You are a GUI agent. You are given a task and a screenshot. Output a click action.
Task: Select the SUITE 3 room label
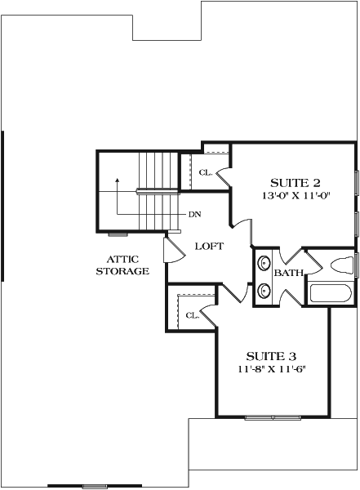click(270, 356)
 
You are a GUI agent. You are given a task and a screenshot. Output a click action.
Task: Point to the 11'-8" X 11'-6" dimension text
click(270, 369)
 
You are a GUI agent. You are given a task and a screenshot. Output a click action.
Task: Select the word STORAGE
click(122, 271)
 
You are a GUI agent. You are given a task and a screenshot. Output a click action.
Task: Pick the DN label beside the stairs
click(195, 215)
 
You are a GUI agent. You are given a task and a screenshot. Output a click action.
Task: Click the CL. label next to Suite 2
click(205, 172)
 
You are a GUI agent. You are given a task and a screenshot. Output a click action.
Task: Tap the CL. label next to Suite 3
click(193, 315)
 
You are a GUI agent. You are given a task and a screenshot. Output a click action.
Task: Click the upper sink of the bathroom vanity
click(264, 264)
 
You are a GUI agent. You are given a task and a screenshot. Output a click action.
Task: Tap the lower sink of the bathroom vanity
click(264, 291)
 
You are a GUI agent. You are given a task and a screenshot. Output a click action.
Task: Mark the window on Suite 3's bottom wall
click(273, 417)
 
